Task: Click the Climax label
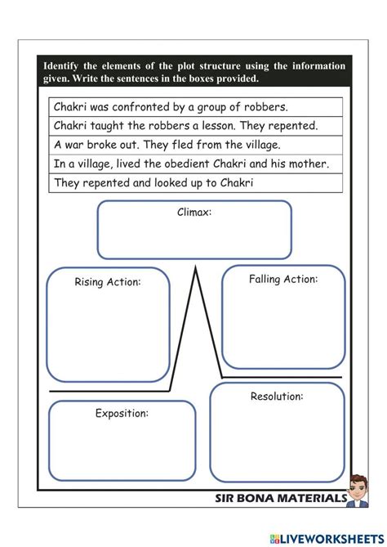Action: click(194, 213)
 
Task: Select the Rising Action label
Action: click(108, 282)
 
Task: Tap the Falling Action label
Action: click(283, 279)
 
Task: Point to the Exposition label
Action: click(122, 413)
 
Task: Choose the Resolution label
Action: click(277, 397)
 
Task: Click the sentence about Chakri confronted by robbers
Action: click(171, 107)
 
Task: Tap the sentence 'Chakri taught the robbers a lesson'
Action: click(185, 126)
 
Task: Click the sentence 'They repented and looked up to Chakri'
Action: click(153, 182)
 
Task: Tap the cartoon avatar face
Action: click(358, 486)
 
